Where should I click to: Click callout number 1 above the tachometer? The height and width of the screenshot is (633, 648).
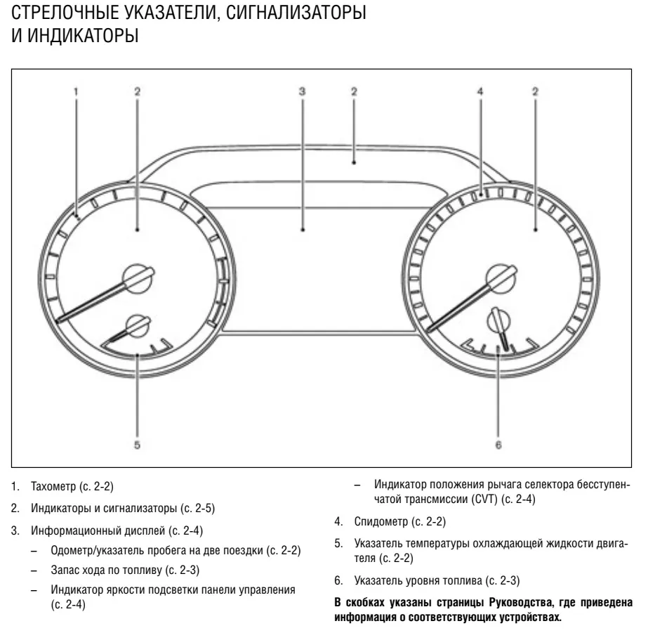click(x=76, y=91)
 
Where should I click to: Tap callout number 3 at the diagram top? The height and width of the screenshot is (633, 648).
click(x=302, y=91)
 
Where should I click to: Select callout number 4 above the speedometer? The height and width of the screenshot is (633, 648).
click(x=480, y=91)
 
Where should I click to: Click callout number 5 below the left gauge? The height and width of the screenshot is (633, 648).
click(x=137, y=445)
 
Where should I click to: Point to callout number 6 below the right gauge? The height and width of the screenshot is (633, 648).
click(x=498, y=445)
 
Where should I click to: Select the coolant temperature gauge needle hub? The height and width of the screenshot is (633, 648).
click(x=138, y=326)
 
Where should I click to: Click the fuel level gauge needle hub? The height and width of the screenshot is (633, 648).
click(x=498, y=321)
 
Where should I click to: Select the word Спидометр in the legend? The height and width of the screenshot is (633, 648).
click(x=381, y=522)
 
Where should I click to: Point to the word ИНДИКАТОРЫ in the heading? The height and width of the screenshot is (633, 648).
click(x=83, y=35)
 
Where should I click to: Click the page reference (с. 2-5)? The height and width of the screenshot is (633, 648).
click(x=197, y=508)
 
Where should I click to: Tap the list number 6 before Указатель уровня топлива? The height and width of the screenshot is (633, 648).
click(x=338, y=580)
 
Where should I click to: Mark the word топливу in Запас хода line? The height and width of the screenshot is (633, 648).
click(x=141, y=570)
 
